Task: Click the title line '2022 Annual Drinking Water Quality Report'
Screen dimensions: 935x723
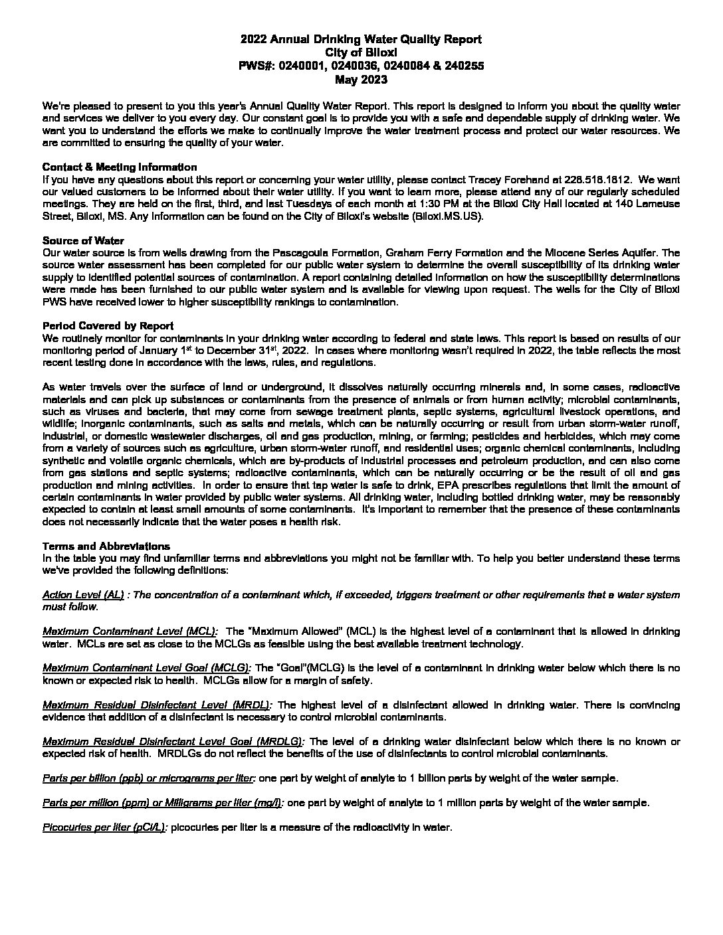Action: click(x=361, y=40)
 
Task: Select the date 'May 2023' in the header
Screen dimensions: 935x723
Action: click(x=361, y=80)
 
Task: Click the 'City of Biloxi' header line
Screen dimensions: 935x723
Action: click(x=361, y=53)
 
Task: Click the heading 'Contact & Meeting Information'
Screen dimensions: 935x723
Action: click(x=120, y=167)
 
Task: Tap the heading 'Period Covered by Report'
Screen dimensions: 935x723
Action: click(x=108, y=325)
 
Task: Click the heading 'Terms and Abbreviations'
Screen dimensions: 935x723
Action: click(x=106, y=547)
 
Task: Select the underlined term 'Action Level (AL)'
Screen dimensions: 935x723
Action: click(x=83, y=595)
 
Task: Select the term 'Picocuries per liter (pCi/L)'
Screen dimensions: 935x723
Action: click(x=105, y=827)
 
